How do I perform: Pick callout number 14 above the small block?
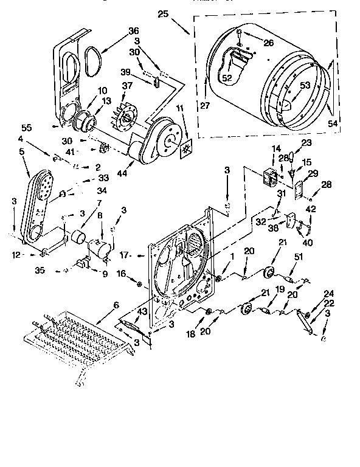point(276,148)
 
